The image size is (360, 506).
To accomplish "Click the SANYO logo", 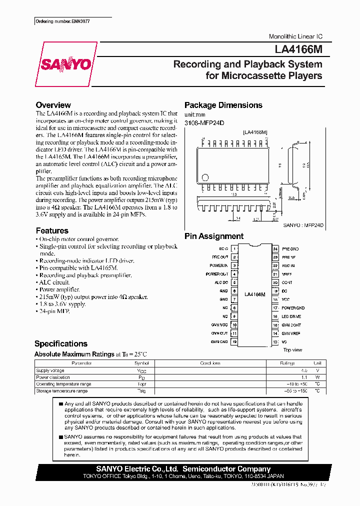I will click(65, 64).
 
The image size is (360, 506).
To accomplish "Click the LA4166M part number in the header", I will click(298, 49).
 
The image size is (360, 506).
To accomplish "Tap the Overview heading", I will click(53, 105).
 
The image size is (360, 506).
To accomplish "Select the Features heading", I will click(52, 230).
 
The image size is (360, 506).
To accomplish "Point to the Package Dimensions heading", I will click(223, 105).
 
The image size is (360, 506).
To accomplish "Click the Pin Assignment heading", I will click(214, 236).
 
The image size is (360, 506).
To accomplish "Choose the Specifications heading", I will click(60, 343).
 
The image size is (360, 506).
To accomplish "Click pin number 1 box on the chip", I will click(234, 248).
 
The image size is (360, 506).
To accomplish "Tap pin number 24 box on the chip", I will click(275, 248).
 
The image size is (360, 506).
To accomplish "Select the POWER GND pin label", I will click(292, 308).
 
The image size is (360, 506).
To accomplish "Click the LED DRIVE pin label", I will click(291, 316).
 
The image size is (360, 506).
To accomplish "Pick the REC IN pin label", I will click(288, 265).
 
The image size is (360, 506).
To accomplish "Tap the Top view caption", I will click(293, 350).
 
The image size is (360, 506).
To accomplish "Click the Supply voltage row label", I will click(50, 370).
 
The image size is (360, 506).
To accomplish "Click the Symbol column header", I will click(141, 363).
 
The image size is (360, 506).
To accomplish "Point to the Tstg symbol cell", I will click(141, 391).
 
